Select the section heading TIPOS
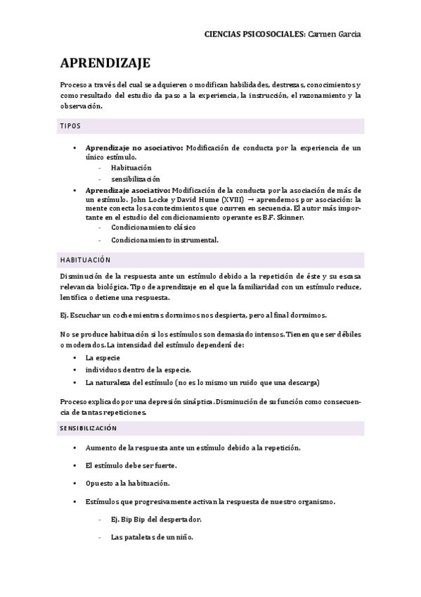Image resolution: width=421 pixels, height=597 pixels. [x=70, y=126]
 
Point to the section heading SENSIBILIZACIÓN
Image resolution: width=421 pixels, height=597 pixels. [x=88, y=428]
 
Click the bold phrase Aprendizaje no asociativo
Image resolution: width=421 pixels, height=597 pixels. [x=134, y=148]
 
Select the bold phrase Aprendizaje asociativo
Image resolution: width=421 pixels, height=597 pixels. [x=127, y=190]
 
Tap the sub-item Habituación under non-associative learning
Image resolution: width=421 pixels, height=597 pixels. [x=131, y=168]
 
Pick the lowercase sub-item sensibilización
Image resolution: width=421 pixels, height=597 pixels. [x=136, y=179]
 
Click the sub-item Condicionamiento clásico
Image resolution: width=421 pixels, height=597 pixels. [x=153, y=228]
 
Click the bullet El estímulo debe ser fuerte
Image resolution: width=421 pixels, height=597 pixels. [x=131, y=465]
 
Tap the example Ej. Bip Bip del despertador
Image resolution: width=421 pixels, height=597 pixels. [x=156, y=520]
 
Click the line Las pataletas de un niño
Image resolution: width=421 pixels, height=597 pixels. [x=152, y=537]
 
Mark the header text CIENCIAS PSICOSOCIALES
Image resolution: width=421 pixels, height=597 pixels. [x=254, y=34]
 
